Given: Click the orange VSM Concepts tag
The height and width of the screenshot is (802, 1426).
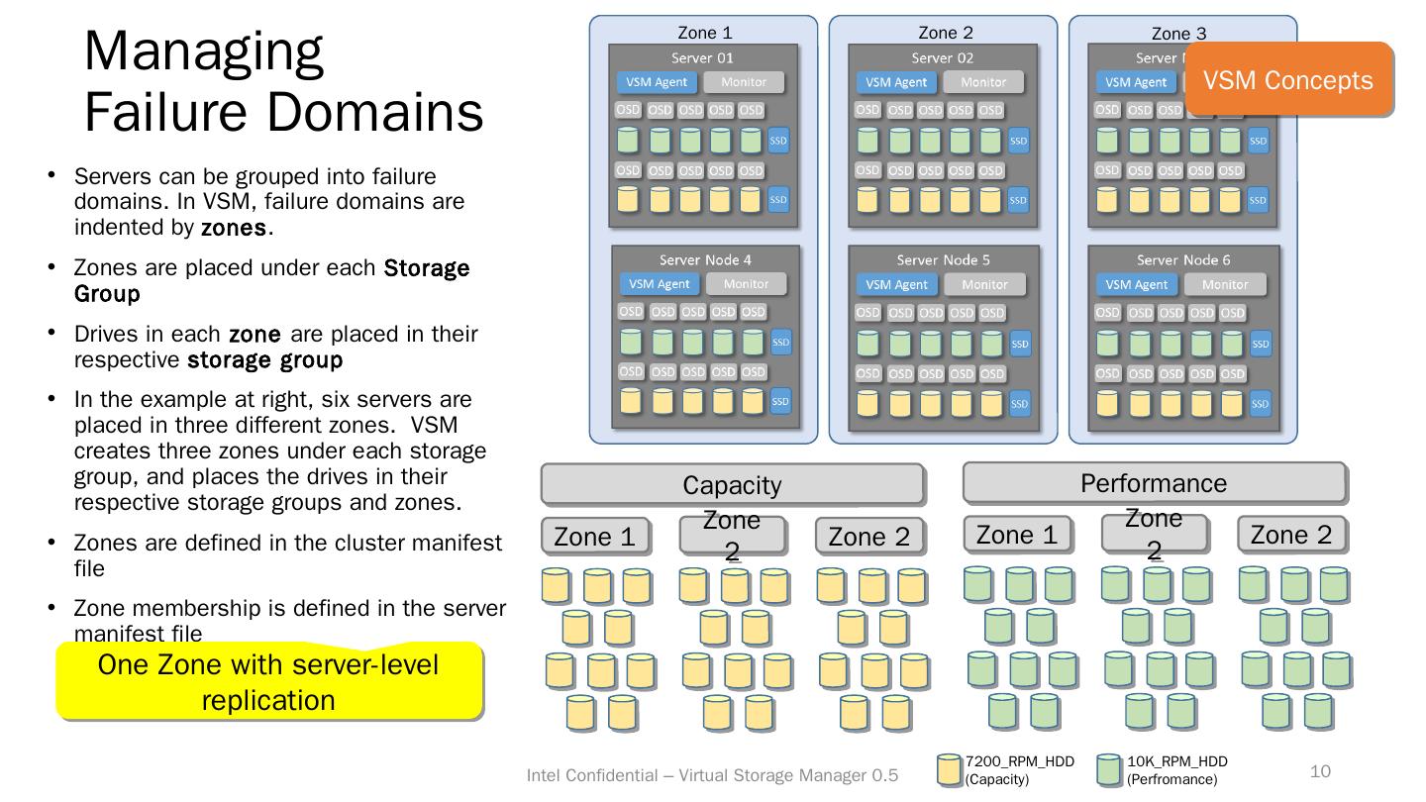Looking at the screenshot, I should point(1287,79).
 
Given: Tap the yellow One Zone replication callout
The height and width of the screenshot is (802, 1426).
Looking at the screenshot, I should point(268,681).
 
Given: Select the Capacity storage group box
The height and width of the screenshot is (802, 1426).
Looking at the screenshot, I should point(732,484).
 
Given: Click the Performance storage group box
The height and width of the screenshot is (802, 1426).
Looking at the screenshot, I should point(1154,483).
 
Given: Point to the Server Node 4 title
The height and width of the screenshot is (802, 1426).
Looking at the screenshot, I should point(705,259).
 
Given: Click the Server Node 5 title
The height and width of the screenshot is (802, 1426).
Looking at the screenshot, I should point(943,259).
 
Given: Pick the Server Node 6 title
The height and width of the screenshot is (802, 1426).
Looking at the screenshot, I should point(1183,259).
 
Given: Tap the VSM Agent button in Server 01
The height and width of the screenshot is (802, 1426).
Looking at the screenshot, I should point(657,82).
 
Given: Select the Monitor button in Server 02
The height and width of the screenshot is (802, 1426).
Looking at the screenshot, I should point(983,82).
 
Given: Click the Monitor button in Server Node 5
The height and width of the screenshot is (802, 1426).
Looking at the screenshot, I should point(984,285).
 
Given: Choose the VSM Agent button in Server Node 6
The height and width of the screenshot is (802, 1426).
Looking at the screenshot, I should point(1137,285).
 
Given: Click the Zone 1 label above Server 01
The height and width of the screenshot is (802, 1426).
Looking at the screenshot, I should point(705,33).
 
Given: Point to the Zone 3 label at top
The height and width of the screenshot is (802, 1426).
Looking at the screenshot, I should point(1178,34).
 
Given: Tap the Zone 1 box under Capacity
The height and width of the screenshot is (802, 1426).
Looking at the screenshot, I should point(595,537).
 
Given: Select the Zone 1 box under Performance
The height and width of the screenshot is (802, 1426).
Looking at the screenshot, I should point(1017,535).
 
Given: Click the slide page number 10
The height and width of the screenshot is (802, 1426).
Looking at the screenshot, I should point(1320,771).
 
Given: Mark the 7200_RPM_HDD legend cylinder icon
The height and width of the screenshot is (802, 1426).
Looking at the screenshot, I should point(950,770).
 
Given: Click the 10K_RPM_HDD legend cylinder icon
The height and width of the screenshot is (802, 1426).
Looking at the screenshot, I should point(1110,770).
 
